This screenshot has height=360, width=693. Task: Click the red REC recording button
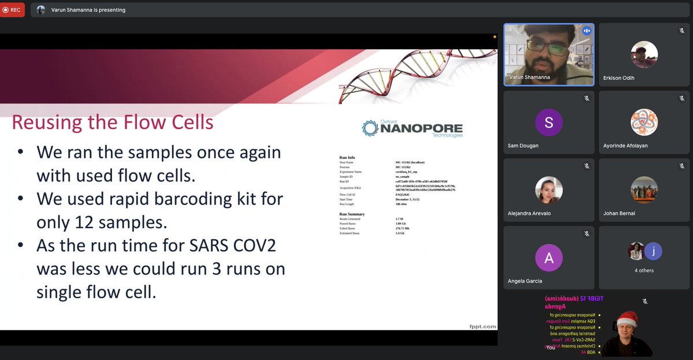[x=12, y=10]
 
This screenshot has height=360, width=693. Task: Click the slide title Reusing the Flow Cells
[x=113, y=123]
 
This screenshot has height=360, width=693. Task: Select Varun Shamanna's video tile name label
[x=530, y=77]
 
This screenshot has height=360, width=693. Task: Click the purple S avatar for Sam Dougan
[x=549, y=123]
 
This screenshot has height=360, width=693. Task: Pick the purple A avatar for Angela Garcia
[x=549, y=258]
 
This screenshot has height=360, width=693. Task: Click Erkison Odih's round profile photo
[x=644, y=55]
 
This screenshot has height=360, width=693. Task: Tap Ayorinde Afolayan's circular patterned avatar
[x=644, y=123]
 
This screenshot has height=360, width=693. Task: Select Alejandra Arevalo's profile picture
[x=549, y=190]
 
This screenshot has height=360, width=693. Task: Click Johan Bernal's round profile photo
[x=644, y=190]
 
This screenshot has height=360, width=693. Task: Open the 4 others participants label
[x=644, y=270]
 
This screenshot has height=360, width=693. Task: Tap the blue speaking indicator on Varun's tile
[x=586, y=31]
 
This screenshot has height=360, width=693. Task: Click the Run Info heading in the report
[x=347, y=157]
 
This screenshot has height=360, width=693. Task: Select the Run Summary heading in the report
[x=352, y=214]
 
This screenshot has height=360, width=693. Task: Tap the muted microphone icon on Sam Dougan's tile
[x=586, y=99]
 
